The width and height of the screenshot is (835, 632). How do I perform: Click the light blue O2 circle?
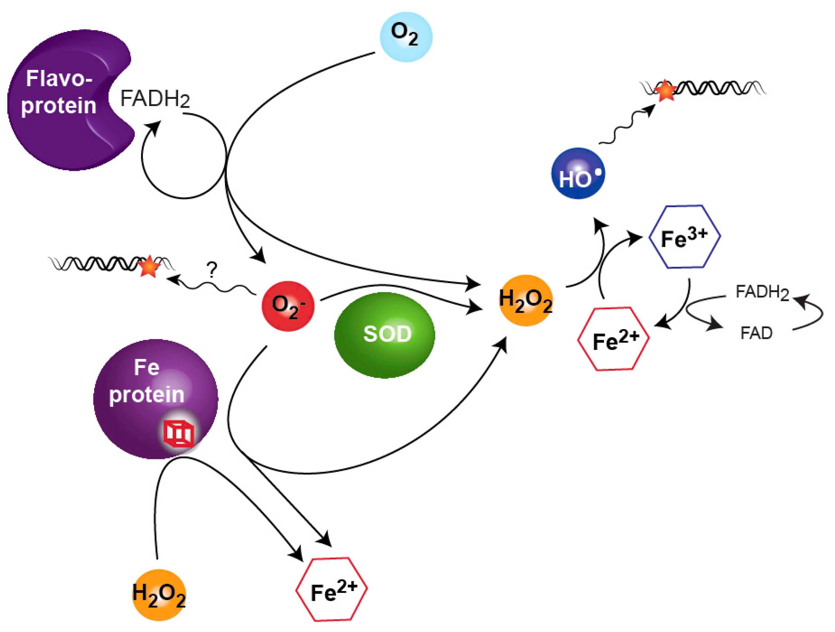pos(406,36)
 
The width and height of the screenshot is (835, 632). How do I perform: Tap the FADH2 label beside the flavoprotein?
pos(155,99)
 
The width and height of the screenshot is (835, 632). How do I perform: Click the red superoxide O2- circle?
pos(288,306)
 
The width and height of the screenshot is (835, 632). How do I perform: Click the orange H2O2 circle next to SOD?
pos(525,300)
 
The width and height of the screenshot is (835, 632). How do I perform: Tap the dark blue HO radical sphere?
pos(578,173)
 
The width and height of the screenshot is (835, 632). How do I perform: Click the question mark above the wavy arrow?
pos(212,270)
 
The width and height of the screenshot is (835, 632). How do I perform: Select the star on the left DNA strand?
pos(149,266)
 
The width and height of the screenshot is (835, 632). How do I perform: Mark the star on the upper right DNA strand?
pos(664,91)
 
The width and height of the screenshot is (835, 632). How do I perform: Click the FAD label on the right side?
pos(756,333)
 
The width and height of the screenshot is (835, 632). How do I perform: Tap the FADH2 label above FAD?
pos(762,292)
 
